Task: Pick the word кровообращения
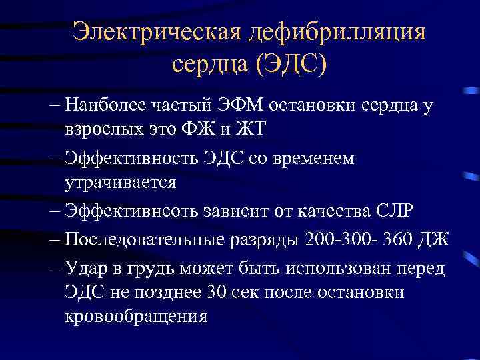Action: (x=136, y=316)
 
